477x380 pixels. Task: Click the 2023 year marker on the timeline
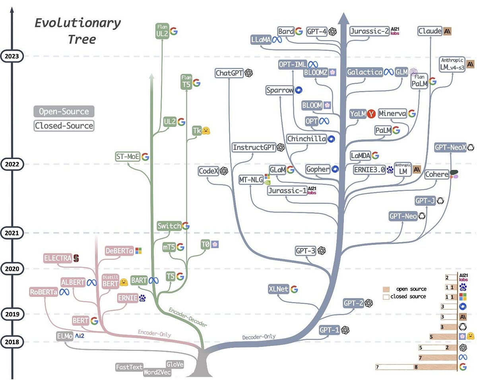click(12, 56)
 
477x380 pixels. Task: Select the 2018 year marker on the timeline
click(12, 342)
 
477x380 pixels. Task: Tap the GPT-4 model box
click(317, 32)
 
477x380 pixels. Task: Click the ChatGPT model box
click(229, 73)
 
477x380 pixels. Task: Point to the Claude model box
click(430, 31)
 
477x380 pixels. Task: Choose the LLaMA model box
click(261, 40)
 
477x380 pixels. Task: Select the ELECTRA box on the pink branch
click(58, 258)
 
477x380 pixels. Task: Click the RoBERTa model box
click(44, 292)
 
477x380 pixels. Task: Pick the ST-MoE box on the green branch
click(127, 157)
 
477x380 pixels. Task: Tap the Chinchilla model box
click(306, 139)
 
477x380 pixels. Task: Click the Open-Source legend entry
click(64, 111)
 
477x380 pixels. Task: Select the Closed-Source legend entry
click(64, 126)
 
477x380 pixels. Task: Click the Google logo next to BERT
click(94, 321)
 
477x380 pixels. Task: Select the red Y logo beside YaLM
click(371, 114)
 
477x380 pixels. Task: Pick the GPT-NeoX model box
click(450, 147)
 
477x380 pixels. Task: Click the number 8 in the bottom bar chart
click(415, 367)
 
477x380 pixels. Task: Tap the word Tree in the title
click(81, 39)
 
